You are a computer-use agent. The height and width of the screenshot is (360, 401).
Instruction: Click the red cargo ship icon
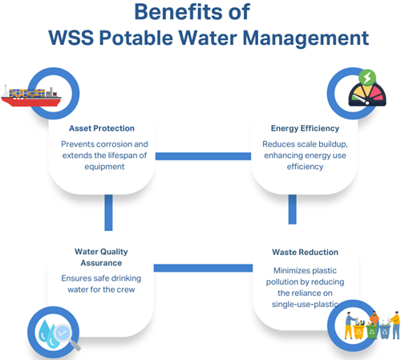pos(31,96)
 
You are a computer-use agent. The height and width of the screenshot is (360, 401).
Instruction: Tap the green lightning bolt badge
pos(367,78)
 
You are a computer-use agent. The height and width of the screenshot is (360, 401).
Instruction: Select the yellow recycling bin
pos(358,332)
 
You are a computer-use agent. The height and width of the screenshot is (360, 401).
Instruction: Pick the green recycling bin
pos(371,332)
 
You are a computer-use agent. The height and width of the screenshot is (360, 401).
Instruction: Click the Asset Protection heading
pos(102,128)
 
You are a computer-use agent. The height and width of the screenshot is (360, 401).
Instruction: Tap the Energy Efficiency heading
pos(305,128)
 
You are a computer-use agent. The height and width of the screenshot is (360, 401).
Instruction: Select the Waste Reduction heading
pos(305,252)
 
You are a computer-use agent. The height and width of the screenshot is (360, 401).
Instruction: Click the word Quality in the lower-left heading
pos(114,252)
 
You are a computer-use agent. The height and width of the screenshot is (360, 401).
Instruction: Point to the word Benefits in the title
pos(179,12)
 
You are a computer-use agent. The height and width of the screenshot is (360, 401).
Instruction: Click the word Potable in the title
pos(136,38)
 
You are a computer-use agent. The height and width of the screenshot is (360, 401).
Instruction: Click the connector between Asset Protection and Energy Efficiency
pos(203,156)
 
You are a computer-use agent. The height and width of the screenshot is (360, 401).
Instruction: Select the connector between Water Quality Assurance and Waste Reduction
pos(203,268)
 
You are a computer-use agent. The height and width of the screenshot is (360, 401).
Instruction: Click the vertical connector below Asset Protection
pos(108,212)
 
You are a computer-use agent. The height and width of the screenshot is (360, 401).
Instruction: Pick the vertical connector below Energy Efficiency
pos(293,209)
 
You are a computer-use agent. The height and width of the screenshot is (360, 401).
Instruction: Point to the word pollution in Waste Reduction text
pos(280,282)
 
